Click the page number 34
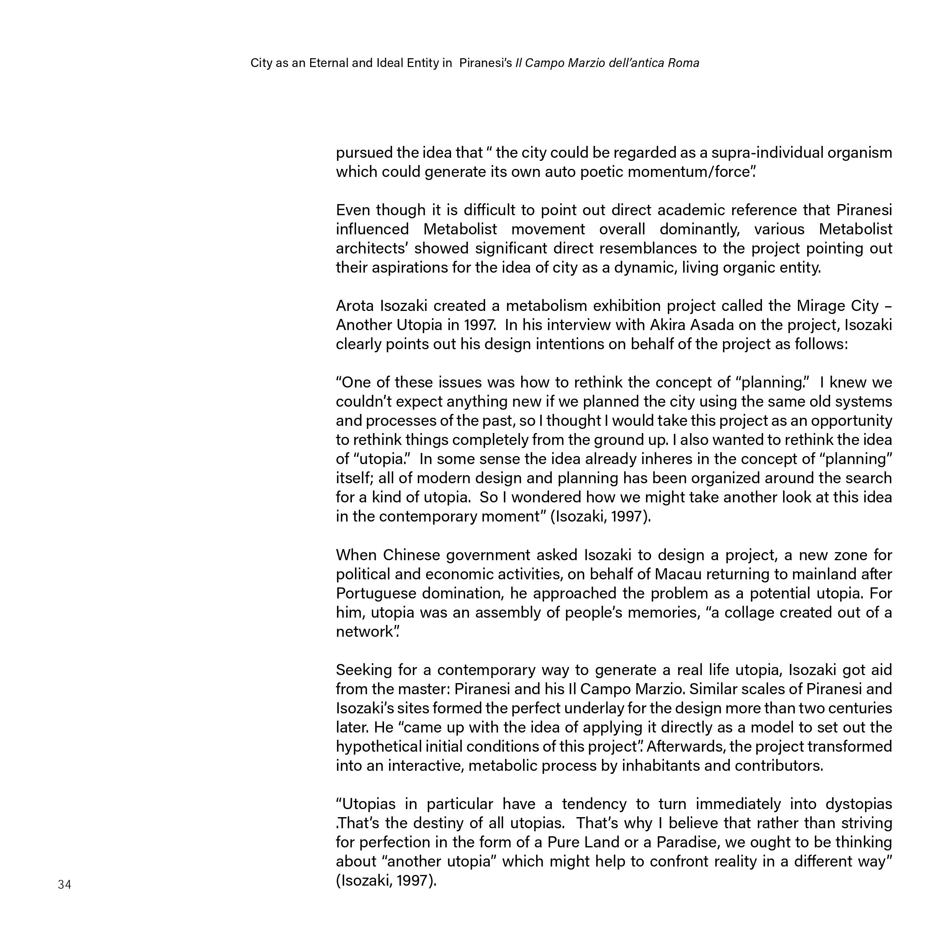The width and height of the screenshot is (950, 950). [64, 885]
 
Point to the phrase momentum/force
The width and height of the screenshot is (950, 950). [703, 172]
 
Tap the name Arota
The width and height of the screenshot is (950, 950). [355, 306]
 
